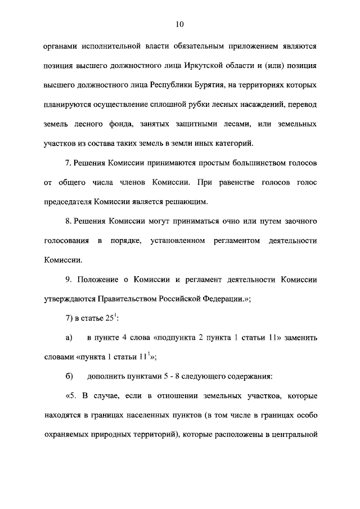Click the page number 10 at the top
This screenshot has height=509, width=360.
pos(179,24)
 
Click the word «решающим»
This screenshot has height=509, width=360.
pos(188,201)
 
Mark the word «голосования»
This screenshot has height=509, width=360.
pos(65,241)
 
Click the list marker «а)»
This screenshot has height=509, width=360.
pos(69,338)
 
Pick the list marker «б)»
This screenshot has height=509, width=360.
pos(69,377)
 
